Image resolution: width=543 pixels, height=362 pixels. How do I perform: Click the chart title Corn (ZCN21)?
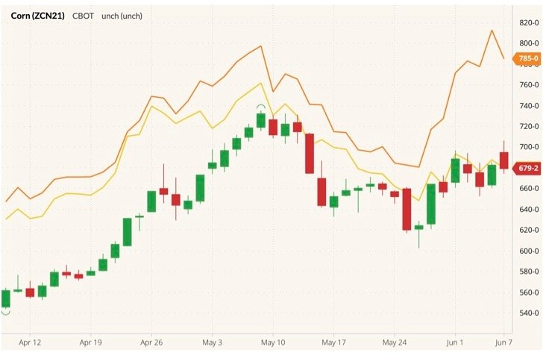click(37, 15)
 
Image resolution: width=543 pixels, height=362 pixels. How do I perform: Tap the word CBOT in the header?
click(83, 15)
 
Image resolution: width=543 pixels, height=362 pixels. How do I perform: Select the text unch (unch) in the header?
click(121, 15)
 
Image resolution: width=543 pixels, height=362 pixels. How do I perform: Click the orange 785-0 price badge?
click(527, 58)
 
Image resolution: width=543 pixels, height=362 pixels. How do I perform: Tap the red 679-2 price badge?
click(527, 168)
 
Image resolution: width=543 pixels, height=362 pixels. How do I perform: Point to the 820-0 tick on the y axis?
click(528, 23)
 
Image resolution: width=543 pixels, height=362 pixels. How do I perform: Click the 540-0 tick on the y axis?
click(528, 313)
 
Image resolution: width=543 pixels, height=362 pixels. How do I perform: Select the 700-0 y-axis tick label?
click(528, 147)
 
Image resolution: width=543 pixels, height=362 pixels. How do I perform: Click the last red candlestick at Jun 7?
click(503, 160)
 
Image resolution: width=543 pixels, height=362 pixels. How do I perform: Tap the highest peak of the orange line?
click(492, 31)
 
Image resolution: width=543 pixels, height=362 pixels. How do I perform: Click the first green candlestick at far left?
click(5, 299)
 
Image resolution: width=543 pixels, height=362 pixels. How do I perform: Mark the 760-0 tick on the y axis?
click(528, 85)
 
